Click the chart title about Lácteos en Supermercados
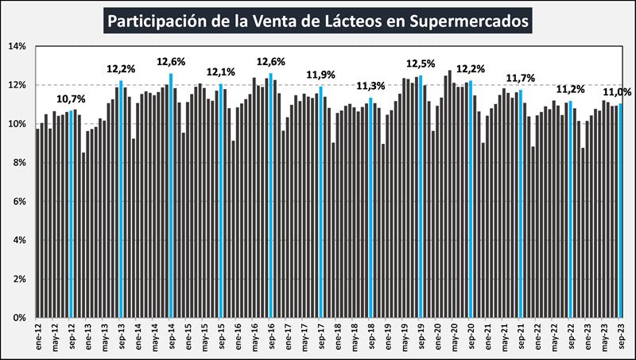coord(318,20)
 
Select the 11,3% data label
coord(370,87)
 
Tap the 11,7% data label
coord(520,78)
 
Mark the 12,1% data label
coord(220,72)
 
